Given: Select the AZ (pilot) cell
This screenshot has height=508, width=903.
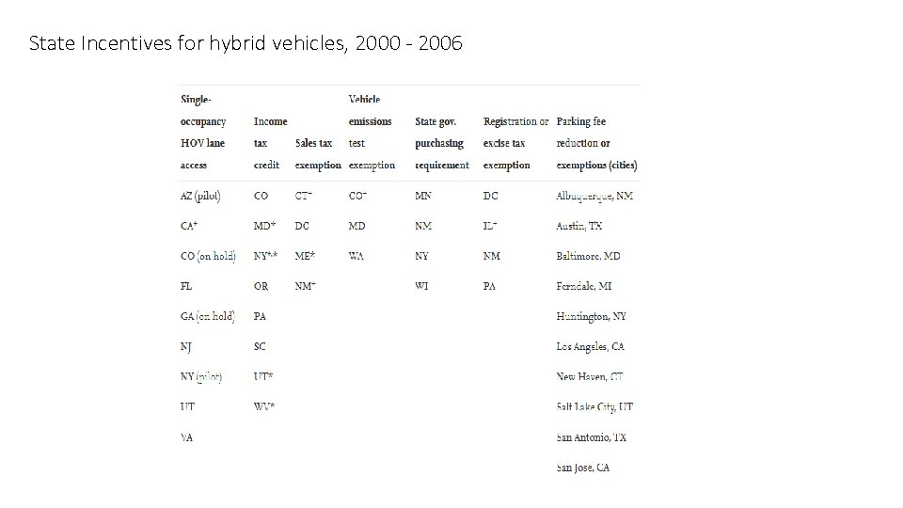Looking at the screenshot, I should coord(200,196).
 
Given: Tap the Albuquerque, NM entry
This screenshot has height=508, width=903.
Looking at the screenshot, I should coord(594,196).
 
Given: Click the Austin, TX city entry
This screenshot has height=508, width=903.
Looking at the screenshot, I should coord(579,226).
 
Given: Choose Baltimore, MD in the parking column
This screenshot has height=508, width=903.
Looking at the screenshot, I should coord(588,256).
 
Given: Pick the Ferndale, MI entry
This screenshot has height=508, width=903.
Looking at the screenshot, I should coord(584,286).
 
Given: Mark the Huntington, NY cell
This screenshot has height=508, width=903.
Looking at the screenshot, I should coord(591,316).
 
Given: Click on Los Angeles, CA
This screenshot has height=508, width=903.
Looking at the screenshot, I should coord(590,346).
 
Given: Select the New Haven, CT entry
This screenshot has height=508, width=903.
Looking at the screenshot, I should coord(590,376).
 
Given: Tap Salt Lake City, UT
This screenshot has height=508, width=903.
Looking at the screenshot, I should coord(594,406).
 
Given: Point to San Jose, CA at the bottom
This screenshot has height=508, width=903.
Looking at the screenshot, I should coord(582,468).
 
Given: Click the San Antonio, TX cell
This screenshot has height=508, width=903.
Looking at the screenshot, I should coord(591,437).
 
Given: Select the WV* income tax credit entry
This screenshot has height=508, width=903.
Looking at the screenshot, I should coord(264,406).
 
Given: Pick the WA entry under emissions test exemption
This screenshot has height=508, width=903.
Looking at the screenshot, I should coord(356,256).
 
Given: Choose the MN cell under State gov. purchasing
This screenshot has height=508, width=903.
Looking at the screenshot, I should coord(423,196).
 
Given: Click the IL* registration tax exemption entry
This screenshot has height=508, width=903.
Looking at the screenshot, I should coord(490,226).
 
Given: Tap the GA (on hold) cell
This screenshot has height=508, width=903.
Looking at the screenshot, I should coord(207,316).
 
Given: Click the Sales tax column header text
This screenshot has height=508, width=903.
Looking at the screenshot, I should coord(313,143).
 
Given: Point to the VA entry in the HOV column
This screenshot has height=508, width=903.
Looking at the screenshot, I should coord(186,437).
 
